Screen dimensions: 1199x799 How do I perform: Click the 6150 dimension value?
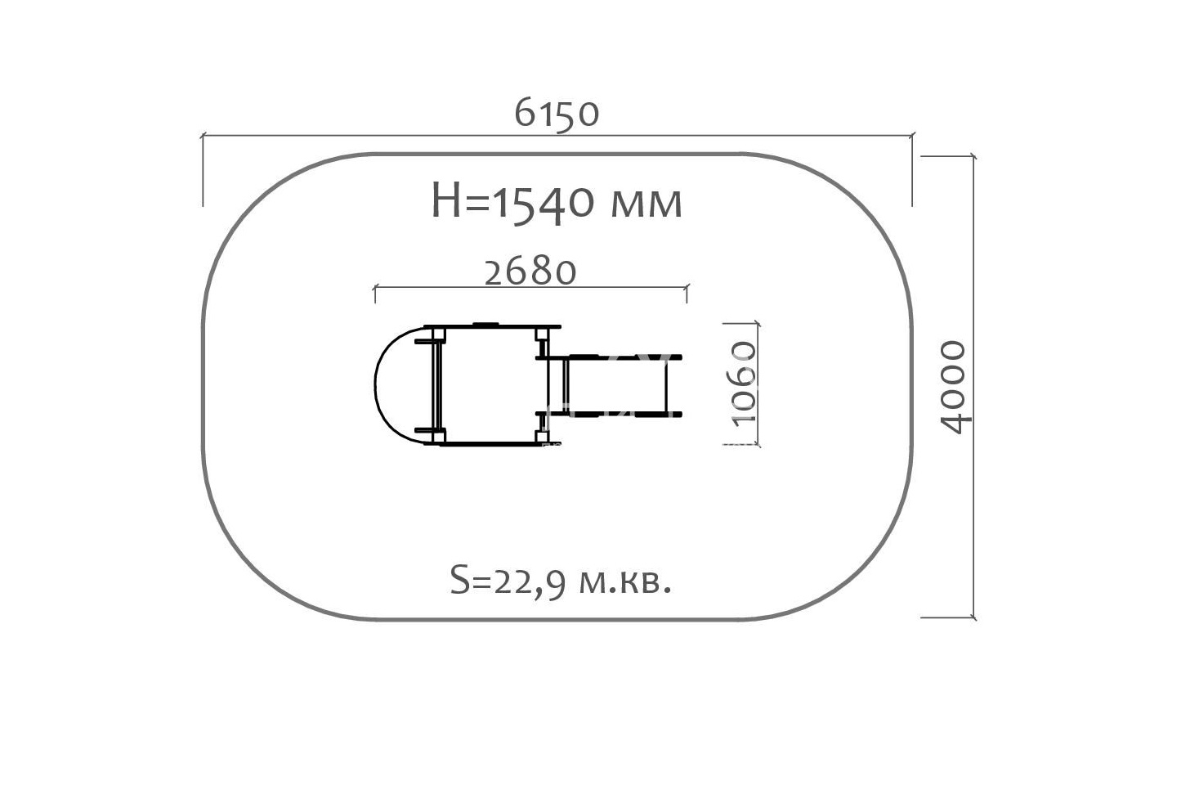[557, 114]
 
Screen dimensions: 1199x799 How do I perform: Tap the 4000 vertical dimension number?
[954, 387]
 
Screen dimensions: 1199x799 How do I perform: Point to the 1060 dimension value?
[744, 384]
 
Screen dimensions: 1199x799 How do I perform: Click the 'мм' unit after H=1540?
[646, 205]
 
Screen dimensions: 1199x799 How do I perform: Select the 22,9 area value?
[530, 582]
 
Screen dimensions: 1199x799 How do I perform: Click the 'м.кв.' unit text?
[625, 582]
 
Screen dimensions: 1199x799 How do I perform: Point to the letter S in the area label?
[460, 580]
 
